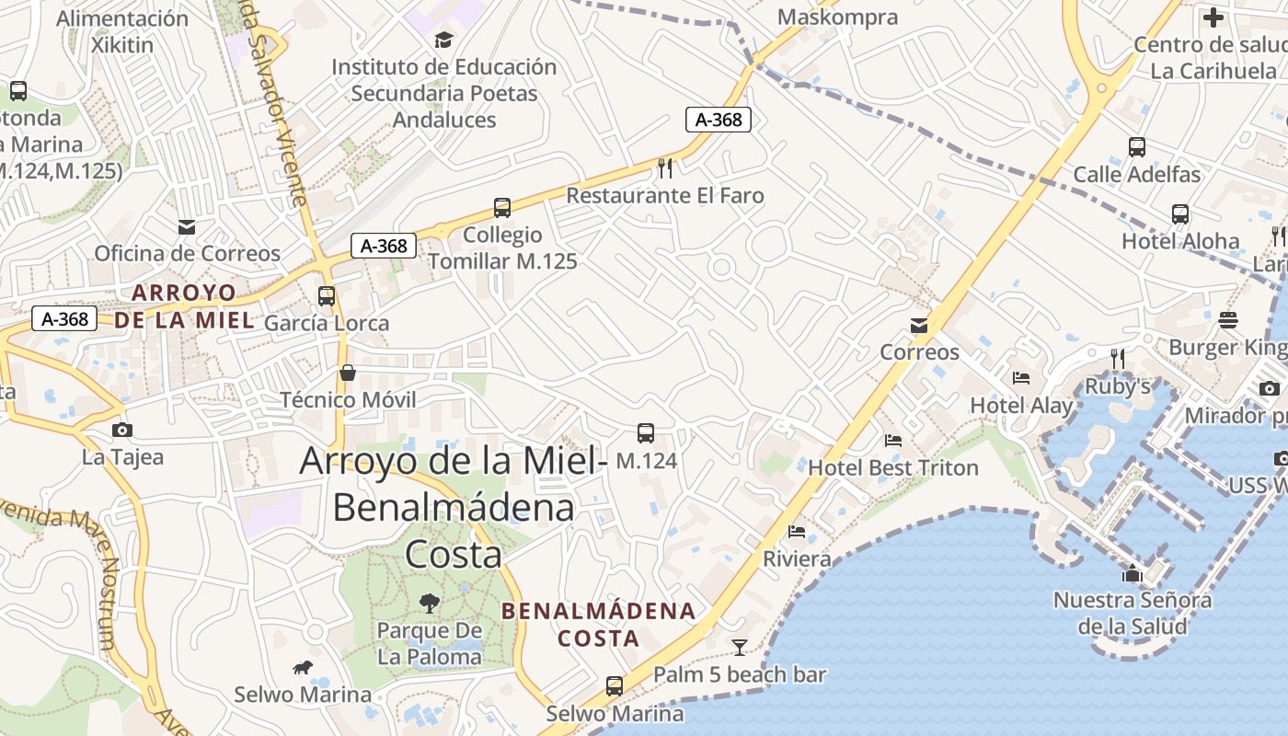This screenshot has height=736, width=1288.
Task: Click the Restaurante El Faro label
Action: (664, 195)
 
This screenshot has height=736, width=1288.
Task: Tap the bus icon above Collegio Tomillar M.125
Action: (501, 208)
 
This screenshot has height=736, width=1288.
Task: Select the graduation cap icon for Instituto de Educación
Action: (444, 40)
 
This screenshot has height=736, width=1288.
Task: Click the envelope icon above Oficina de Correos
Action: (187, 227)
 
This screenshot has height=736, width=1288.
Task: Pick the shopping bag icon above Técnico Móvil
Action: (348, 373)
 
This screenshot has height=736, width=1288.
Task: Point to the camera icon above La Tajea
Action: (121, 430)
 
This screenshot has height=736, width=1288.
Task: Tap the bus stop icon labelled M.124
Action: (646, 433)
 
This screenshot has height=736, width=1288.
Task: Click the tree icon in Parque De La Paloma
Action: (429, 604)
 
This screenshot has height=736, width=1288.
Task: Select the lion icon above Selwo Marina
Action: (302, 667)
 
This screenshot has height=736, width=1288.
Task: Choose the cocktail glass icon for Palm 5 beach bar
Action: (739, 647)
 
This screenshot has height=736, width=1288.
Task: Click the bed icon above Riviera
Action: (797, 532)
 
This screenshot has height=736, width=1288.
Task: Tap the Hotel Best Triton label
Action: (892, 467)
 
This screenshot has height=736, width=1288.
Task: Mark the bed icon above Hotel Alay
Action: (1021, 377)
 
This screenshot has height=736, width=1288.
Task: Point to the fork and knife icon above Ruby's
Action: (1118, 358)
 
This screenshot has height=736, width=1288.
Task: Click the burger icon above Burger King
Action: (1228, 320)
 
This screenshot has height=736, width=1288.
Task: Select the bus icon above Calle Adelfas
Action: (1136, 147)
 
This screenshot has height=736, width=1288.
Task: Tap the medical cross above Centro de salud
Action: (1213, 17)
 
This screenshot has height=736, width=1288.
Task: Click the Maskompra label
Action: (837, 17)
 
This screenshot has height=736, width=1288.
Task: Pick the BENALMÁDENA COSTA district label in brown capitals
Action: (598, 624)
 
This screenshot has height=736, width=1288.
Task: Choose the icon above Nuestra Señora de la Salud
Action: (1133, 574)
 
